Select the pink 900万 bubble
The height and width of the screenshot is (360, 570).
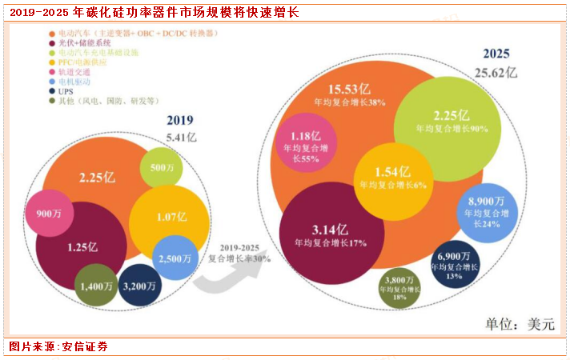click(50, 213)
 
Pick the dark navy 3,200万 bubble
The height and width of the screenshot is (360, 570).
click(140, 284)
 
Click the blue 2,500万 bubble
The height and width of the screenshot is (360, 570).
click(175, 258)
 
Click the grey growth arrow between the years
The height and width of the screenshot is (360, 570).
click(232, 272)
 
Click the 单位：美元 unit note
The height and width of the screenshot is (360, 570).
click(518, 324)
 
